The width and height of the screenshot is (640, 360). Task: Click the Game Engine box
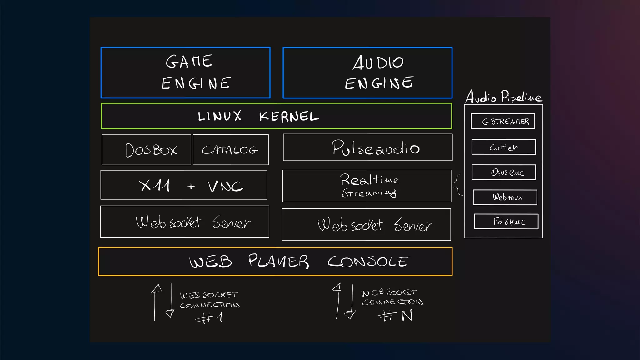point(186,72)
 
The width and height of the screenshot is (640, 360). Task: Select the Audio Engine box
point(367,72)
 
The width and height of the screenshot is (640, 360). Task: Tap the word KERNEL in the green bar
point(289,117)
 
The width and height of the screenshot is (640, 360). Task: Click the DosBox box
point(146,150)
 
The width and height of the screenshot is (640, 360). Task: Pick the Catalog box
point(231,150)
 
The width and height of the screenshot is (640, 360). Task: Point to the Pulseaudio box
point(367,147)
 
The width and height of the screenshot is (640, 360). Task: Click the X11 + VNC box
point(184,185)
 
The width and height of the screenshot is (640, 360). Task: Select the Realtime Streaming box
point(367,186)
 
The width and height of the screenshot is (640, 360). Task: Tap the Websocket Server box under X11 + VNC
point(184,222)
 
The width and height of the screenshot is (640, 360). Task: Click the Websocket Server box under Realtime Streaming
point(366,225)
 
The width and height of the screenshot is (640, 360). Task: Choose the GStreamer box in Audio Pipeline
point(503,121)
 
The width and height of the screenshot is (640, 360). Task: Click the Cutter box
point(503,147)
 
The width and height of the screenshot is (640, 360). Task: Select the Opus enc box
point(504,172)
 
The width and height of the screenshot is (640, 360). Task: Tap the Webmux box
point(505,197)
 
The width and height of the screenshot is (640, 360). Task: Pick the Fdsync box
point(506,222)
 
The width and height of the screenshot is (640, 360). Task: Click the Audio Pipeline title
point(504,97)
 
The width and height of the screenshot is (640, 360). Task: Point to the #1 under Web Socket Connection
point(209,318)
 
